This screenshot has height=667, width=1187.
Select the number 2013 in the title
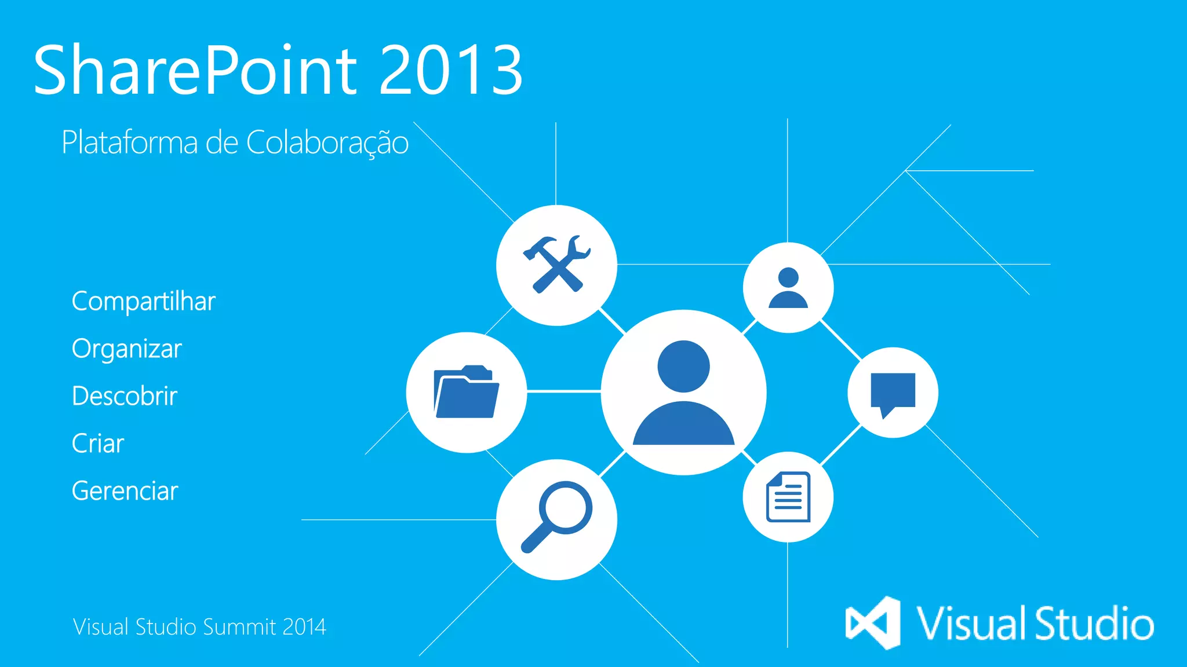[451, 71]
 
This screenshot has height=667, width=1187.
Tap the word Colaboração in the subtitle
[327, 143]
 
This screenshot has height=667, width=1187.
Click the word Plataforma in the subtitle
[130, 142]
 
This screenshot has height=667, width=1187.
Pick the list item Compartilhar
[143, 302]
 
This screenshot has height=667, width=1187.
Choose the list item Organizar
[126, 349]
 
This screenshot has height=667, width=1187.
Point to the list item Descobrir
[124, 397]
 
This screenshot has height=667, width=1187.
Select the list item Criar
[97, 444]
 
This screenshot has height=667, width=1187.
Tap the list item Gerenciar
[125, 492]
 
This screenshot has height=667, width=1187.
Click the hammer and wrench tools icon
[556, 265]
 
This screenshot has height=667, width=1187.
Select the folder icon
[466, 392]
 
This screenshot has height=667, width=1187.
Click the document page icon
[788, 497]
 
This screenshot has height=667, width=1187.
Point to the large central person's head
[684, 367]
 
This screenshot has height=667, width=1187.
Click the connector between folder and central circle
[563, 392]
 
